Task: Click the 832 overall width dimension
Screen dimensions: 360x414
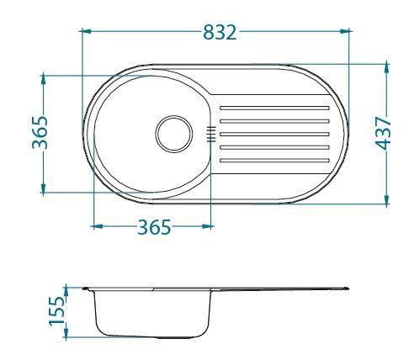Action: (x=219, y=32)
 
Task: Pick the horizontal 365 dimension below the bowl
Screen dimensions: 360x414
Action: (x=154, y=226)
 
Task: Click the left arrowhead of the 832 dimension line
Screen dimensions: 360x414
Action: (x=84, y=32)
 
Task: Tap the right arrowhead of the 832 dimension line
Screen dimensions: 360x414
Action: (x=348, y=32)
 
